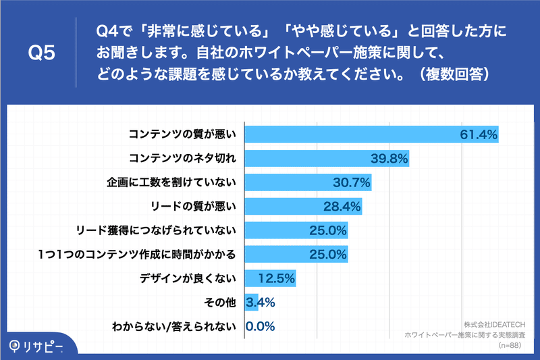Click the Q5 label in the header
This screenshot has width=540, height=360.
pyautogui.click(x=42, y=53)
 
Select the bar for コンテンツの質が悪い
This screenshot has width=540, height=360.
pyautogui.click(x=372, y=134)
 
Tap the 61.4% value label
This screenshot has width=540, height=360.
pyautogui.click(x=479, y=134)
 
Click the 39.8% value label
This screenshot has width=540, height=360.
pyautogui.click(x=389, y=159)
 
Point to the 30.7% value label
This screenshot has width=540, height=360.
pyautogui.click(x=351, y=182)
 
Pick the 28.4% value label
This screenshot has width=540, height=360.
pyautogui.click(x=342, y=207)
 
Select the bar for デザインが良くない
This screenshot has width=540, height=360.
pyautogui.click(x=271, y=278)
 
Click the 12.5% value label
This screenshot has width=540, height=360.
pyautogui.click(x=277, y=278)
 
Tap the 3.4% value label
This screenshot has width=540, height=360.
pyautogui.click(x=261, y=303)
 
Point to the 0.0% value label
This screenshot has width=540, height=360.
pyautogui.click(x=261, y=326)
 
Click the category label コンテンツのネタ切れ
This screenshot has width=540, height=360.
pyautogui.click(x=182, y=158)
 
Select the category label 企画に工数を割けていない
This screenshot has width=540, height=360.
pyautogui.click(x=171, y=182)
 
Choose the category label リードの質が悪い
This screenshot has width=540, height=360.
pyautogui.click(x=193, y=207)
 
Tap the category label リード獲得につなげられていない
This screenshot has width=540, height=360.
pyautogui.click(x=156, y=230)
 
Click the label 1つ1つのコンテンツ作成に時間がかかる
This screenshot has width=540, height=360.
pyautogui.click(x=137, y=254)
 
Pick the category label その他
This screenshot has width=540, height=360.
pyautogui.click(x=220, y=303)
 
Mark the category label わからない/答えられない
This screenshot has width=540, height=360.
pyautogui.click(x=174, y=326)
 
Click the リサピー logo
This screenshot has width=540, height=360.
pyautogui.click(x=36, y=346)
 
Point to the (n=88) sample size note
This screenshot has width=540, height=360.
pyautogui.click(x=510, y=345)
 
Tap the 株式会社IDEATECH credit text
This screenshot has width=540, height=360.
pyautogui.click(x=495, y=324)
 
